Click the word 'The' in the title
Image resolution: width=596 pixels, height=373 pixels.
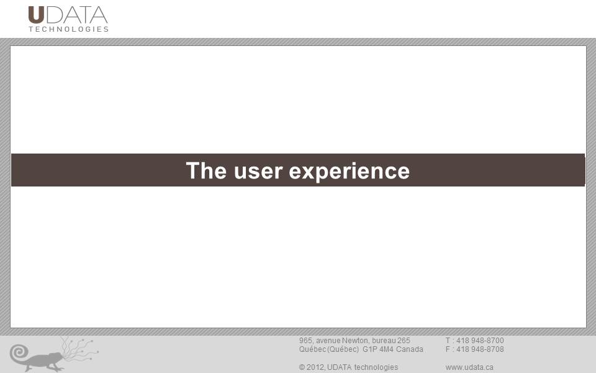click(206, 170)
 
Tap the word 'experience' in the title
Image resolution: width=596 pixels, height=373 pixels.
click(350, 172)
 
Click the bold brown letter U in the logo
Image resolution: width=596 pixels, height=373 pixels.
click(37, 15)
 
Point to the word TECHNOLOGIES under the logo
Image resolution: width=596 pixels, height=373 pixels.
click(69, 29)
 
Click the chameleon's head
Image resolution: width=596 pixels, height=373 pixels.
click(56, 357)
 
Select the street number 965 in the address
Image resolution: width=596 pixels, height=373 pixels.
click(305, 341)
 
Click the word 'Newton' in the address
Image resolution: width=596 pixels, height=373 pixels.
click(355, 341)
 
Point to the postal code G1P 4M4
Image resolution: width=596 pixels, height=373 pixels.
click(378, 349)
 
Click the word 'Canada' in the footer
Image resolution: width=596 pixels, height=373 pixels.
click(409, 349)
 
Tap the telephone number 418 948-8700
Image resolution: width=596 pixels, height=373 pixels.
click(480, 341)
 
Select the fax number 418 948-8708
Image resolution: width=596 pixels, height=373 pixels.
click(480, 349)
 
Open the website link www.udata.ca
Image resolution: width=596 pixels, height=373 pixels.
click(469, 367)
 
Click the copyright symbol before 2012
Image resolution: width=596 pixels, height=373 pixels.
click(302, 367)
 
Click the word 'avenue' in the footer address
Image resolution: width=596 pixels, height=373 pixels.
click(328, 341)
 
